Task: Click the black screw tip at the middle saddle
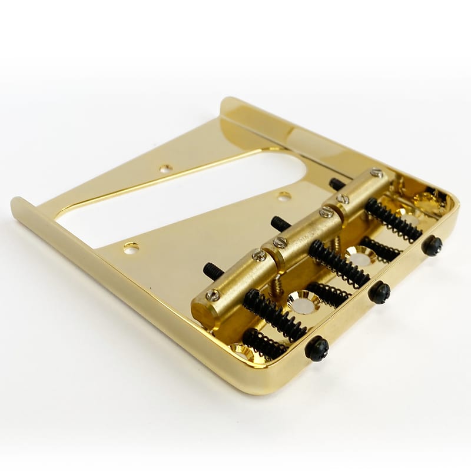(x=276, y=223)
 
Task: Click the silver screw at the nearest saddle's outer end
(x=213, y=294)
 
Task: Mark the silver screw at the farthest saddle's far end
(x=376, y=173)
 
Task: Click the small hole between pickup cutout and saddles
(x=284, y=195)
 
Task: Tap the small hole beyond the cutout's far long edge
(x=165, y=168)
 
